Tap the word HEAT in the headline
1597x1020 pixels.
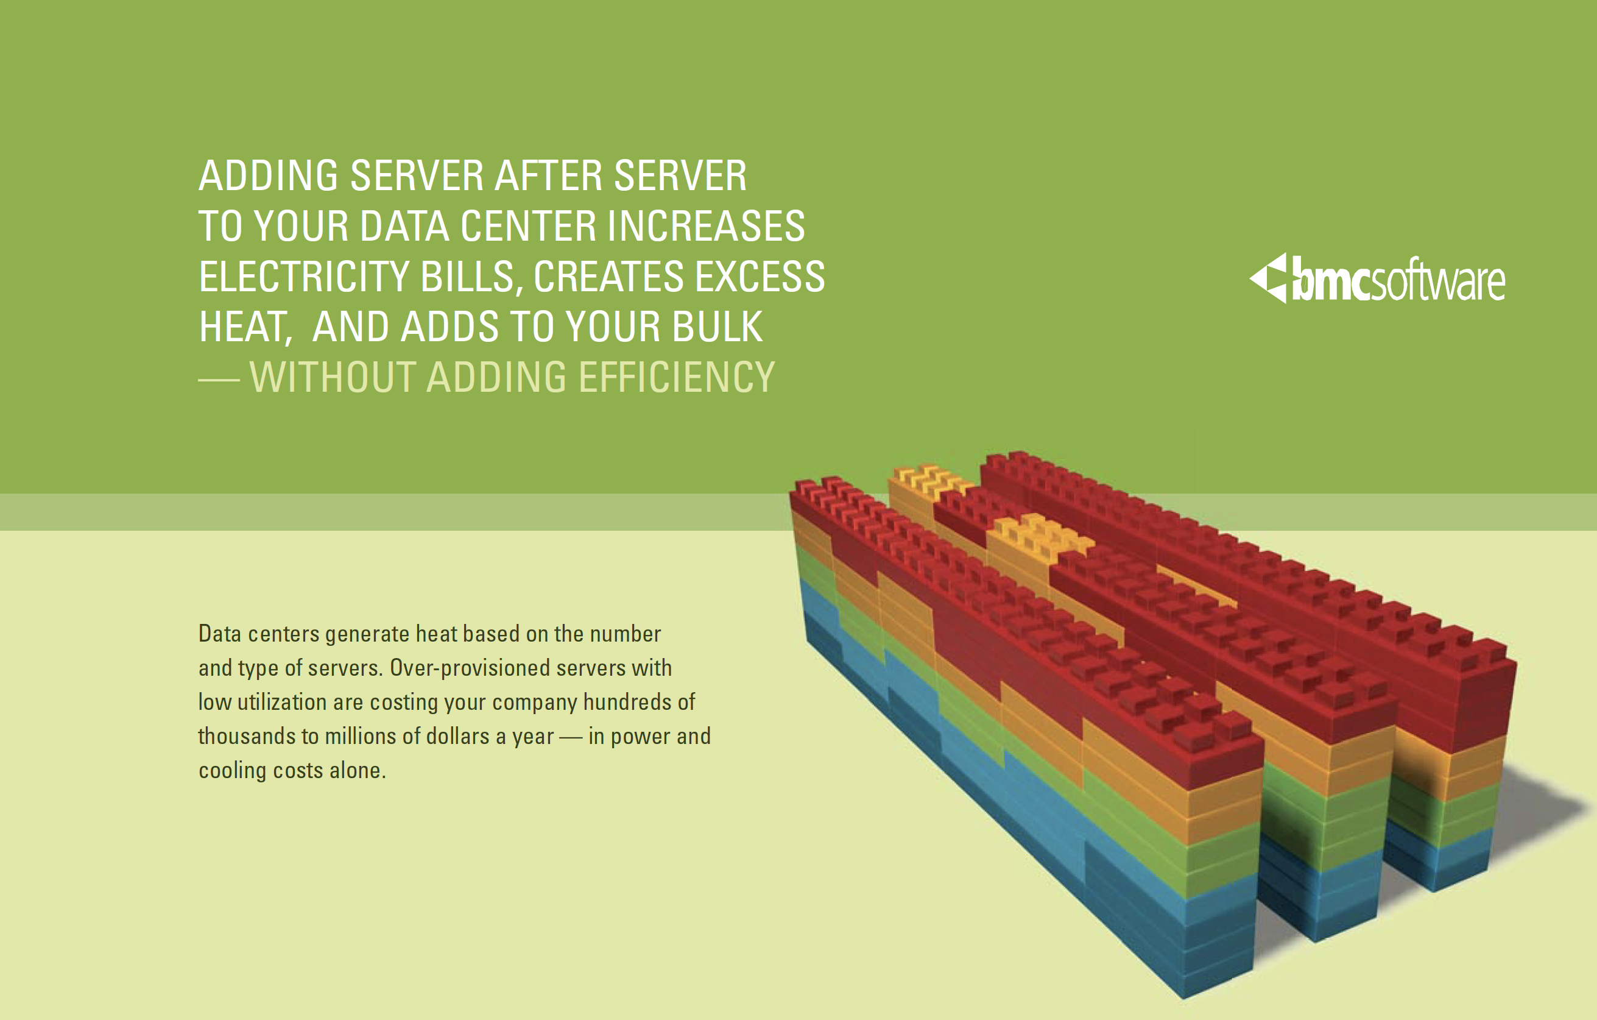tap(244, 328)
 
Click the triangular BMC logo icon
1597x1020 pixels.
tap(1269, 278)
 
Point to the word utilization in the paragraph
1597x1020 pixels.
tap(282, 702)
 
